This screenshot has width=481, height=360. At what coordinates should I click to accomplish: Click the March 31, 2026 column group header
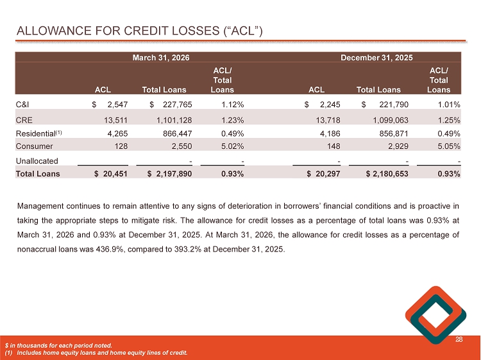(160, 57)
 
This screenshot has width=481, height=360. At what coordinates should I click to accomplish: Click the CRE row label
(24, 119)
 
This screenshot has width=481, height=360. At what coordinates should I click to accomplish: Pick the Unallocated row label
(37, 161)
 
